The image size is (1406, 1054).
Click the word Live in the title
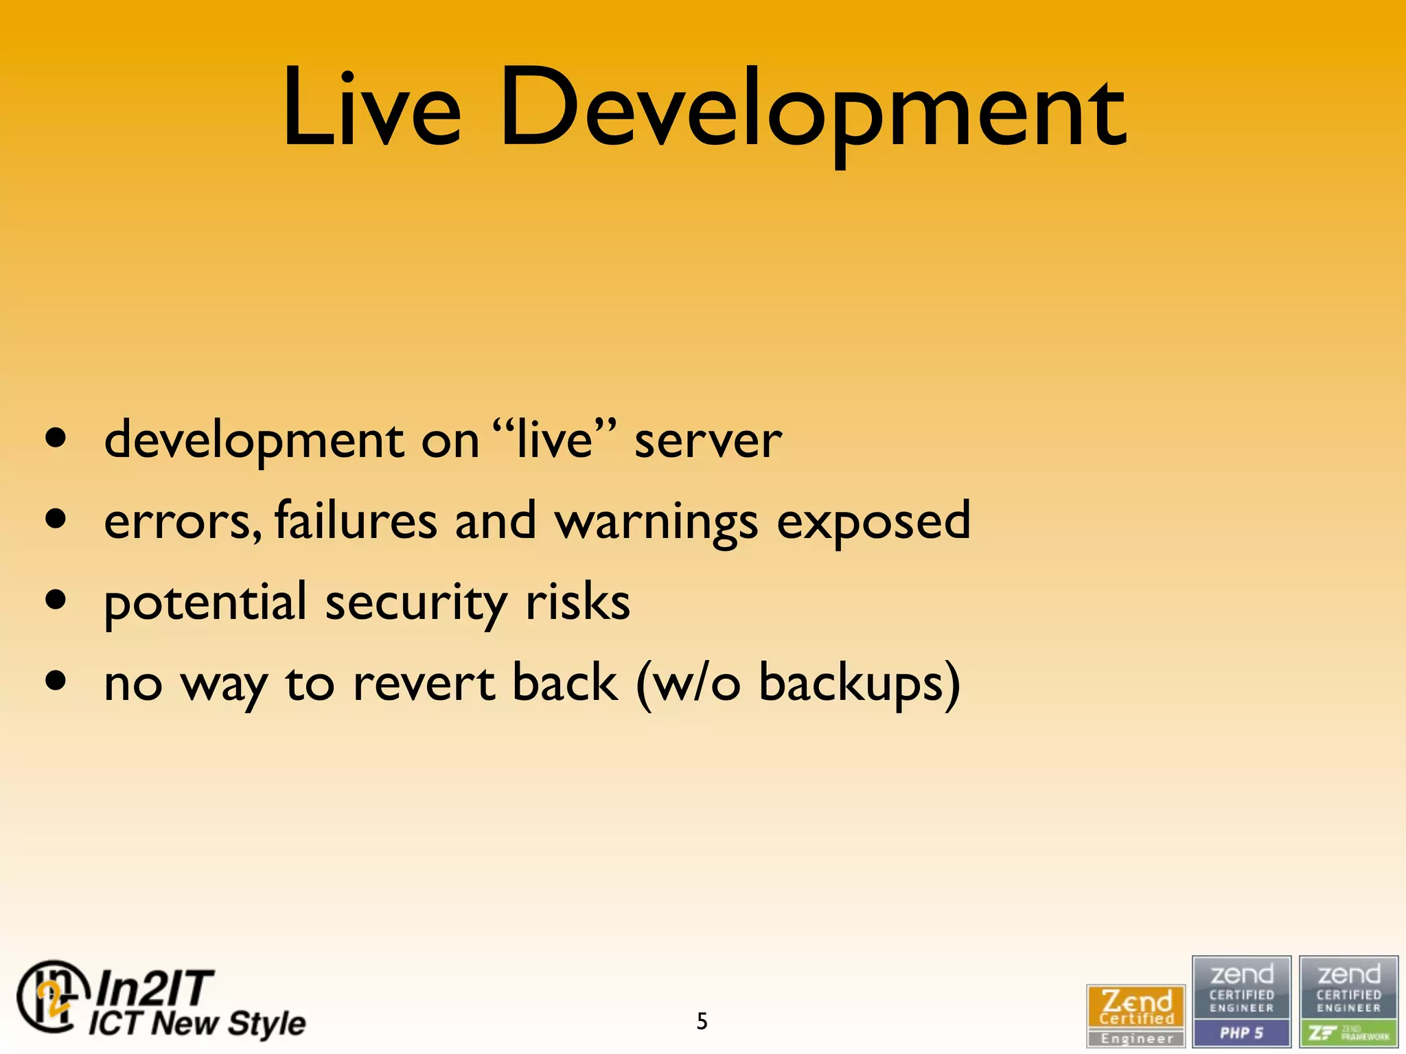371,108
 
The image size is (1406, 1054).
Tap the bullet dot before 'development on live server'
56,438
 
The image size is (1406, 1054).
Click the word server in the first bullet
708,441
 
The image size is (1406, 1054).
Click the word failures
356,519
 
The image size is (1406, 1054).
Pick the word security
416,603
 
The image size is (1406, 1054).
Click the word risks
577,602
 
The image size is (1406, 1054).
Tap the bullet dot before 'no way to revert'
56,681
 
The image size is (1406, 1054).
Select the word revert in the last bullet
424,683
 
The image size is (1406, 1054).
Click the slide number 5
702,1021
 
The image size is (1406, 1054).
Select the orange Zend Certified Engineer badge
1136,1015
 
